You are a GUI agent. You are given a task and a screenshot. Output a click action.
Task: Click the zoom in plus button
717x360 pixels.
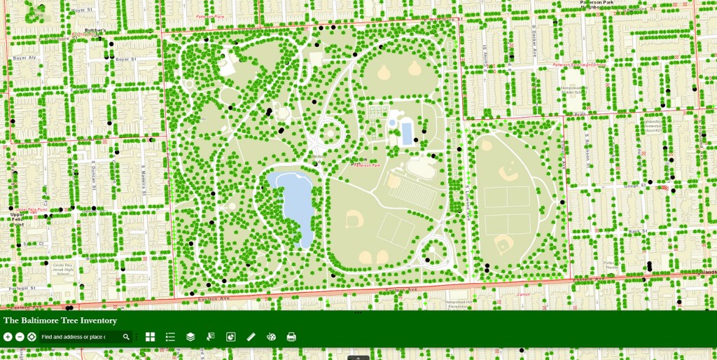coord(8,337)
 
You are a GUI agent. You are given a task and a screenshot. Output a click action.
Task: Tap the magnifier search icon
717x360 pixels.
coord(126,337)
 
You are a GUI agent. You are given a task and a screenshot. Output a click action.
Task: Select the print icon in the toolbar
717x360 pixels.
coord(291,337)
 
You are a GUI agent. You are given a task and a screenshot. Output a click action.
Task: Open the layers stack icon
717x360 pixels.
coord(190,337)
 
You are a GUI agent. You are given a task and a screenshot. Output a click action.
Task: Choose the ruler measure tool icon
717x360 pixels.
coord(251,337)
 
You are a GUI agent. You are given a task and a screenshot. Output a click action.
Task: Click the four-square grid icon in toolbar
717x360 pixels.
coord(150,337)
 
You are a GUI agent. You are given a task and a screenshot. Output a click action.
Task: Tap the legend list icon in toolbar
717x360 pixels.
coord(170,337)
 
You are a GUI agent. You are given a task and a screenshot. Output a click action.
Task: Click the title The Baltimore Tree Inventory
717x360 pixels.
coord(60,320)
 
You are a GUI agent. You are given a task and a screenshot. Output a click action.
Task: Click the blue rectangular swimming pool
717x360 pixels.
coord(406,132)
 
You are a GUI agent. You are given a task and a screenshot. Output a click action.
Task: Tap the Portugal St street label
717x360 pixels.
coord(22,288)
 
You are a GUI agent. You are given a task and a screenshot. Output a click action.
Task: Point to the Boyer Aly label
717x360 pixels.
coord(22,58)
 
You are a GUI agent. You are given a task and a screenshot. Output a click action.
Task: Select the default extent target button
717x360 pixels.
coord(32,337)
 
